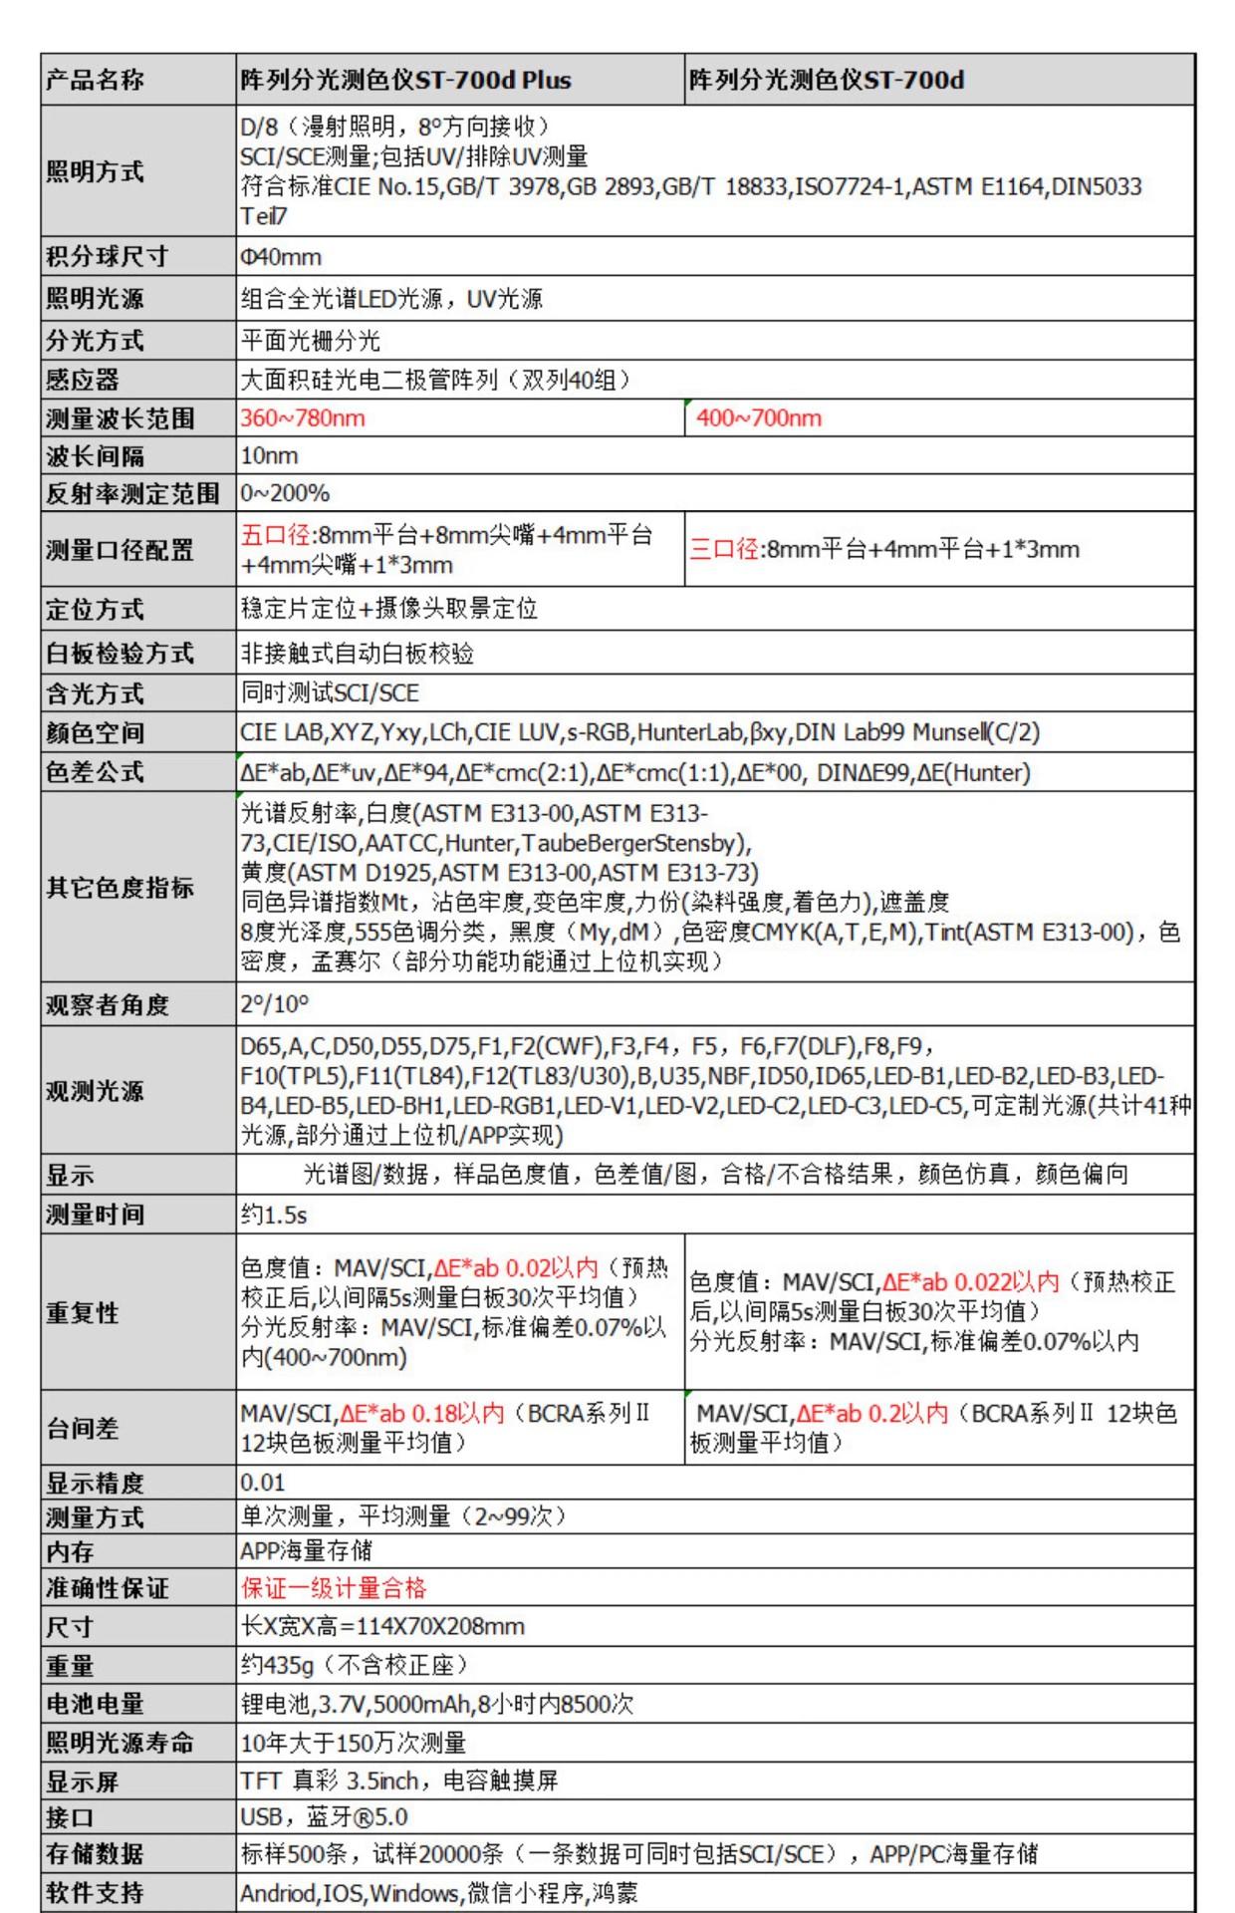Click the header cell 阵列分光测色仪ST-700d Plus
(405, 80)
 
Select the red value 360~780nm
(303, 418)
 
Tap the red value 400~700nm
(759, 418)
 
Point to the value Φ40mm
(281, 257)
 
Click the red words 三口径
(724, 549)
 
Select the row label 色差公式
(95, 772)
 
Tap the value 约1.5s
(274, 1216)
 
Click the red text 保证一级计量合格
(334, 1588)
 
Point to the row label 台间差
(82, 1428)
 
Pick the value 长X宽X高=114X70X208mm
(382, 1627)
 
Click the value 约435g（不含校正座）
(354, 1665)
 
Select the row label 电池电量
(95, 1704)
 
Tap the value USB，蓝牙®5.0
(324, 1817)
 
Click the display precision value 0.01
(263, 1483)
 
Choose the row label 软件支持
(95, 1893)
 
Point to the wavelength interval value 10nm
(269, 456)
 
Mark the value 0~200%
(285, 493)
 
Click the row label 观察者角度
(108, 1004)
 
